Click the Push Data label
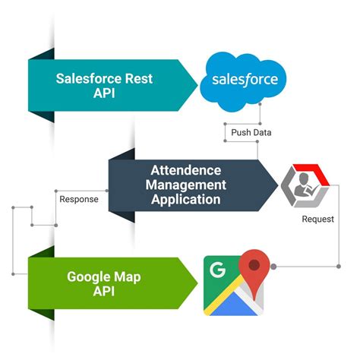[250, 132]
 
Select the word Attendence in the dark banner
[186, 169]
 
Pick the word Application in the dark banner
[186, 200]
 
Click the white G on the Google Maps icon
[218, 269]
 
